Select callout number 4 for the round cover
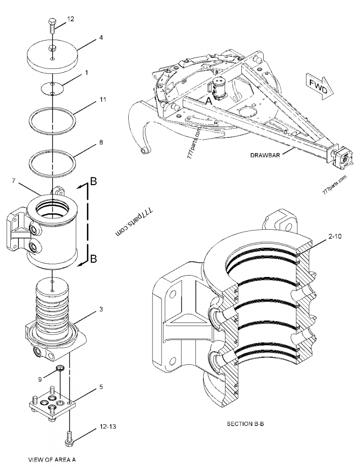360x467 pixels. click(x=101, y=38)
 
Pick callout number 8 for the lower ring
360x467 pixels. click(x=101, y=142)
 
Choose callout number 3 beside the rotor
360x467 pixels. click(x=101, y=309)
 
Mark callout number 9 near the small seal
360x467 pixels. click(x=40, y=379)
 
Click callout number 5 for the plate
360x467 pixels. click(x=101, y=386)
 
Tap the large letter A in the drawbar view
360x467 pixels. click(x=208, y=102)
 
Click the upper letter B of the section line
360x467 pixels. click(x=94, y=181)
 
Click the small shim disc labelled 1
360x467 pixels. click(x=53, y=88)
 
